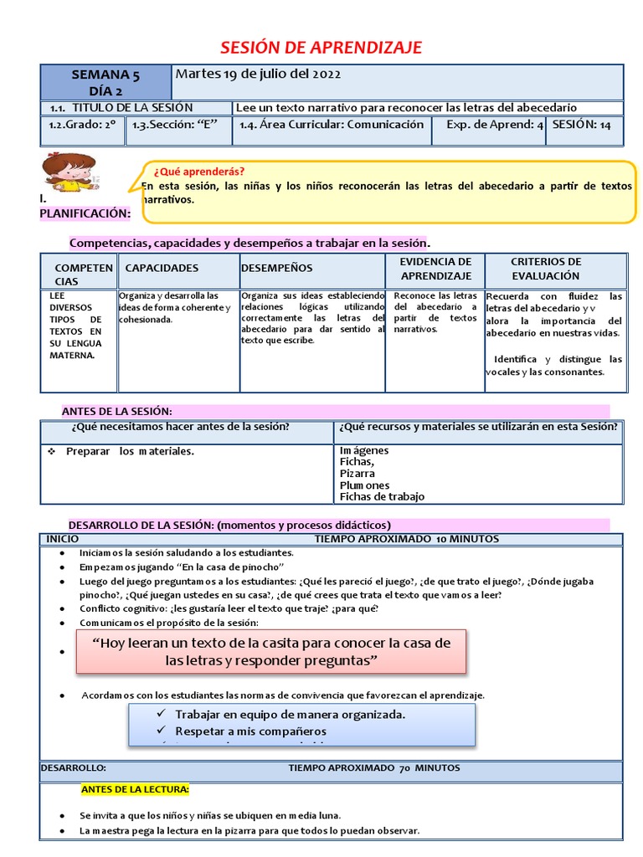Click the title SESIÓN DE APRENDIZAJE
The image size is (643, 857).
[321, 47]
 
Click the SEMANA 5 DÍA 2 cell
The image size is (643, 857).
[105, 83]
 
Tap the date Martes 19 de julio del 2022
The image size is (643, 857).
[258, 74]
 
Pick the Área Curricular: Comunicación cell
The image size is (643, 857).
[332, 125]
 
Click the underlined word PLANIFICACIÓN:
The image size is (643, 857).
[85, 213]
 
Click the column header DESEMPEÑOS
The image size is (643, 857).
[277, 268]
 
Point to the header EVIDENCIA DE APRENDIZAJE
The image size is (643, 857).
[435, 269]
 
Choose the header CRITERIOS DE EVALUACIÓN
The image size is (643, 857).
[546, 269]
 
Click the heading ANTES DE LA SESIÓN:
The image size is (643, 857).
[117, 411]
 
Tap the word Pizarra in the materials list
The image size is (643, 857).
[358, 473]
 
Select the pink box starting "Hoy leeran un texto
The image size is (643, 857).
[270, 651]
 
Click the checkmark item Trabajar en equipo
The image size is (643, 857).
[290, 714]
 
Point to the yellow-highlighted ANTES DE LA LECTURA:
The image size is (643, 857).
[135, 788]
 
